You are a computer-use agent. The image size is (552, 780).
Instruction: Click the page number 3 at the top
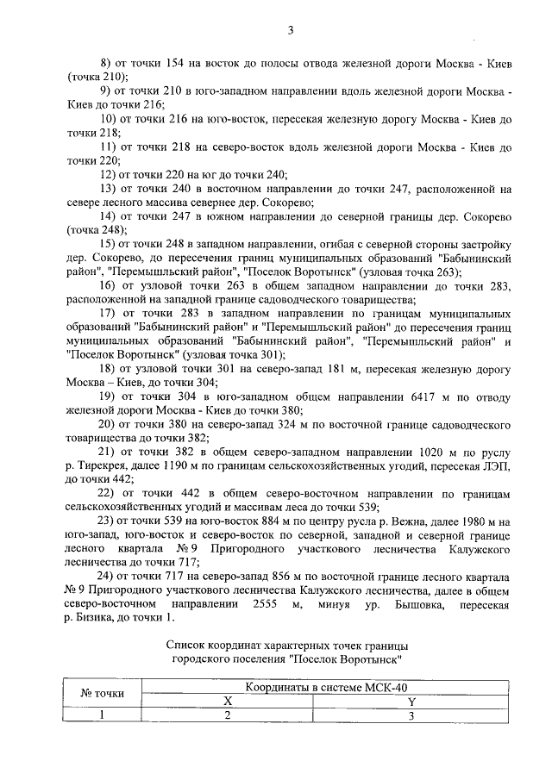(x=291, y=31)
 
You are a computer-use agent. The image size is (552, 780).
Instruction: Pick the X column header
(x=228, y=701)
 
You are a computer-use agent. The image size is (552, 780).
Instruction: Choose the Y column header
(x=411, y=701)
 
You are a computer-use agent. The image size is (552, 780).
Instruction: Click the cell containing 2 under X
(x=228, y=714)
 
